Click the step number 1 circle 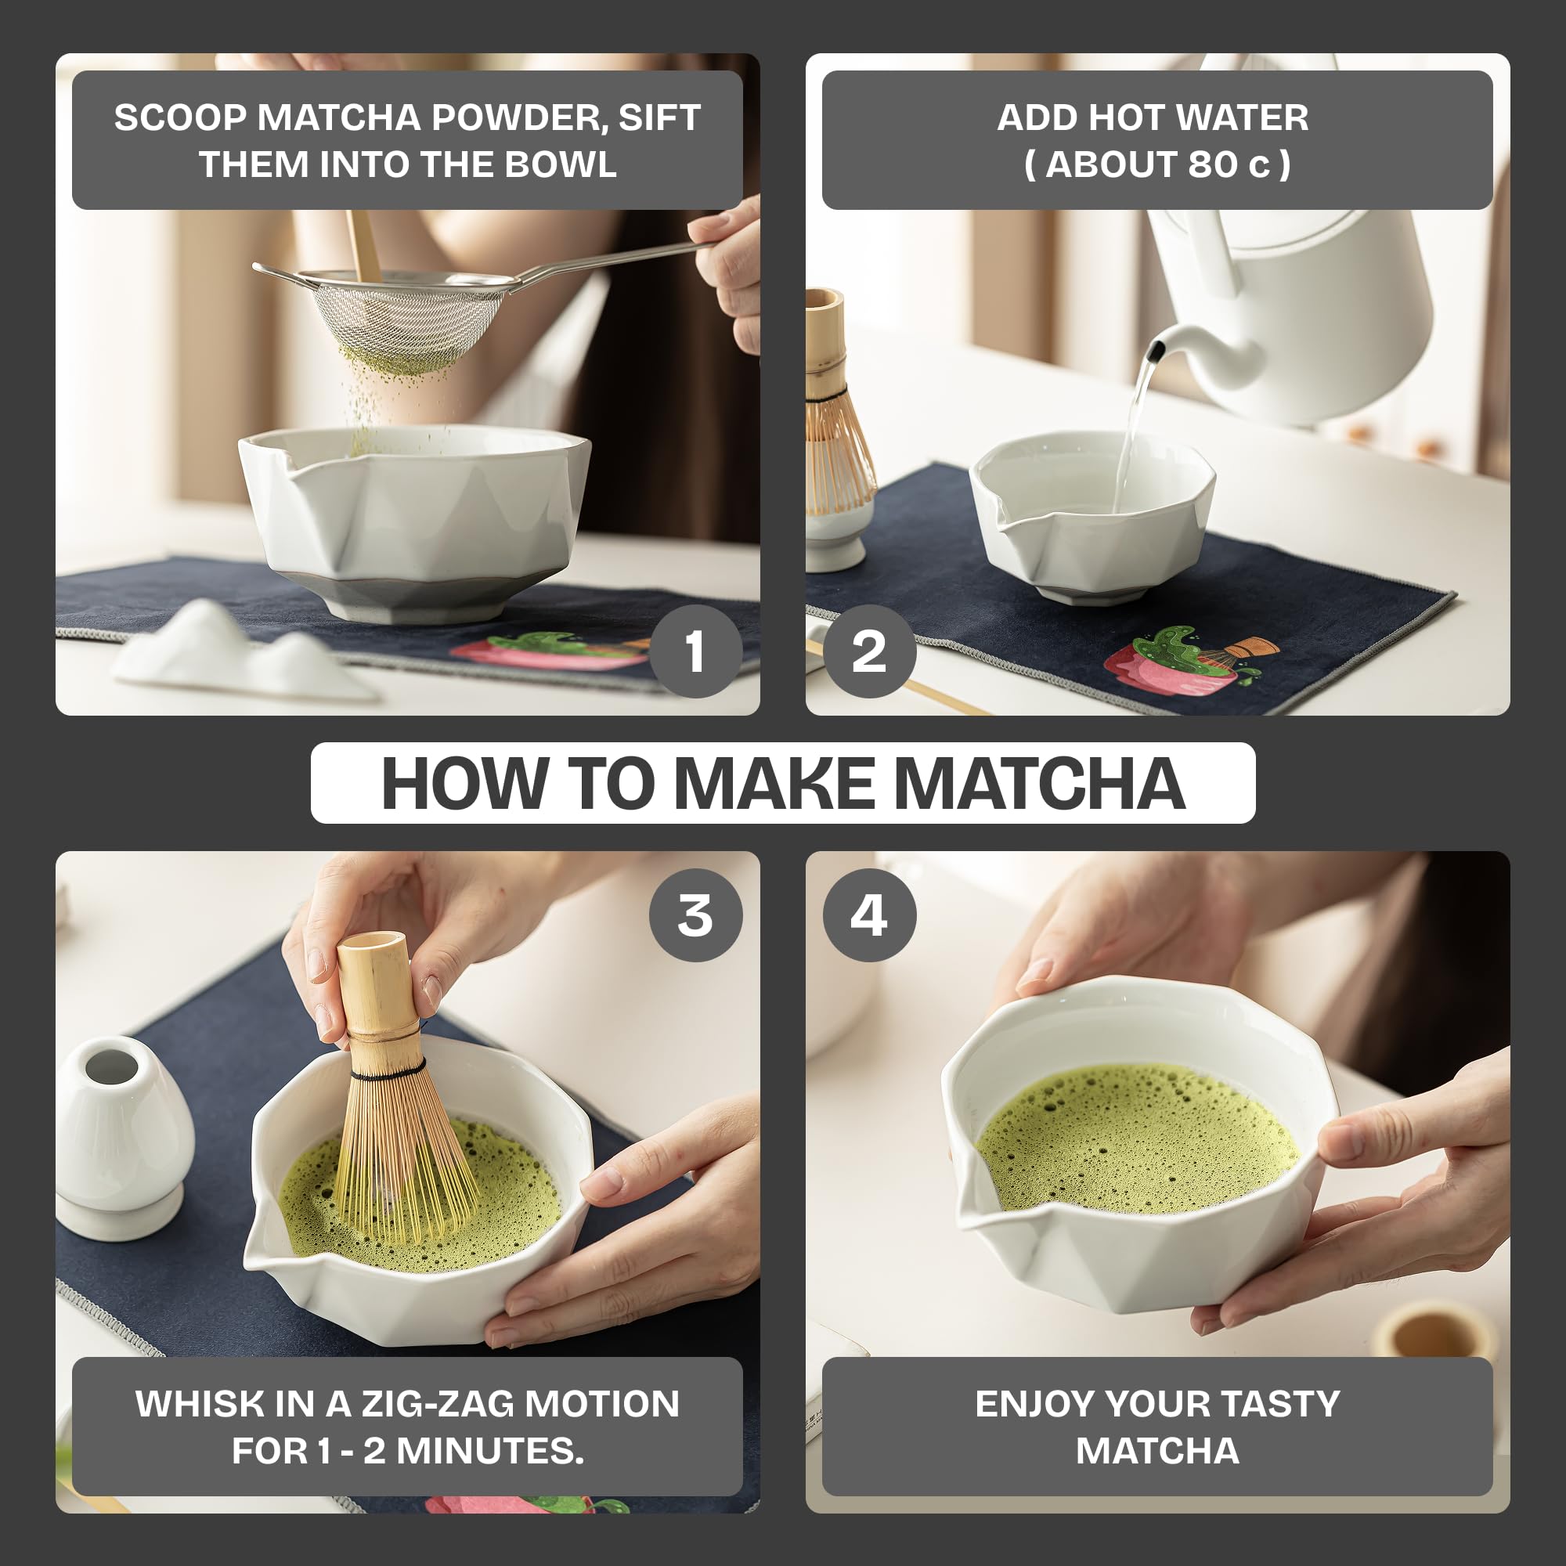(695, 651)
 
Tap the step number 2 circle (869, 651)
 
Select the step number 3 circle (695, 915)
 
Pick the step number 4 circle (869, 915)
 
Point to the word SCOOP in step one (180, 117)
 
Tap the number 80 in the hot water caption (1213, 164)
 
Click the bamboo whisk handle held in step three (374, 989)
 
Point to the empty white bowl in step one (413, 519)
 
